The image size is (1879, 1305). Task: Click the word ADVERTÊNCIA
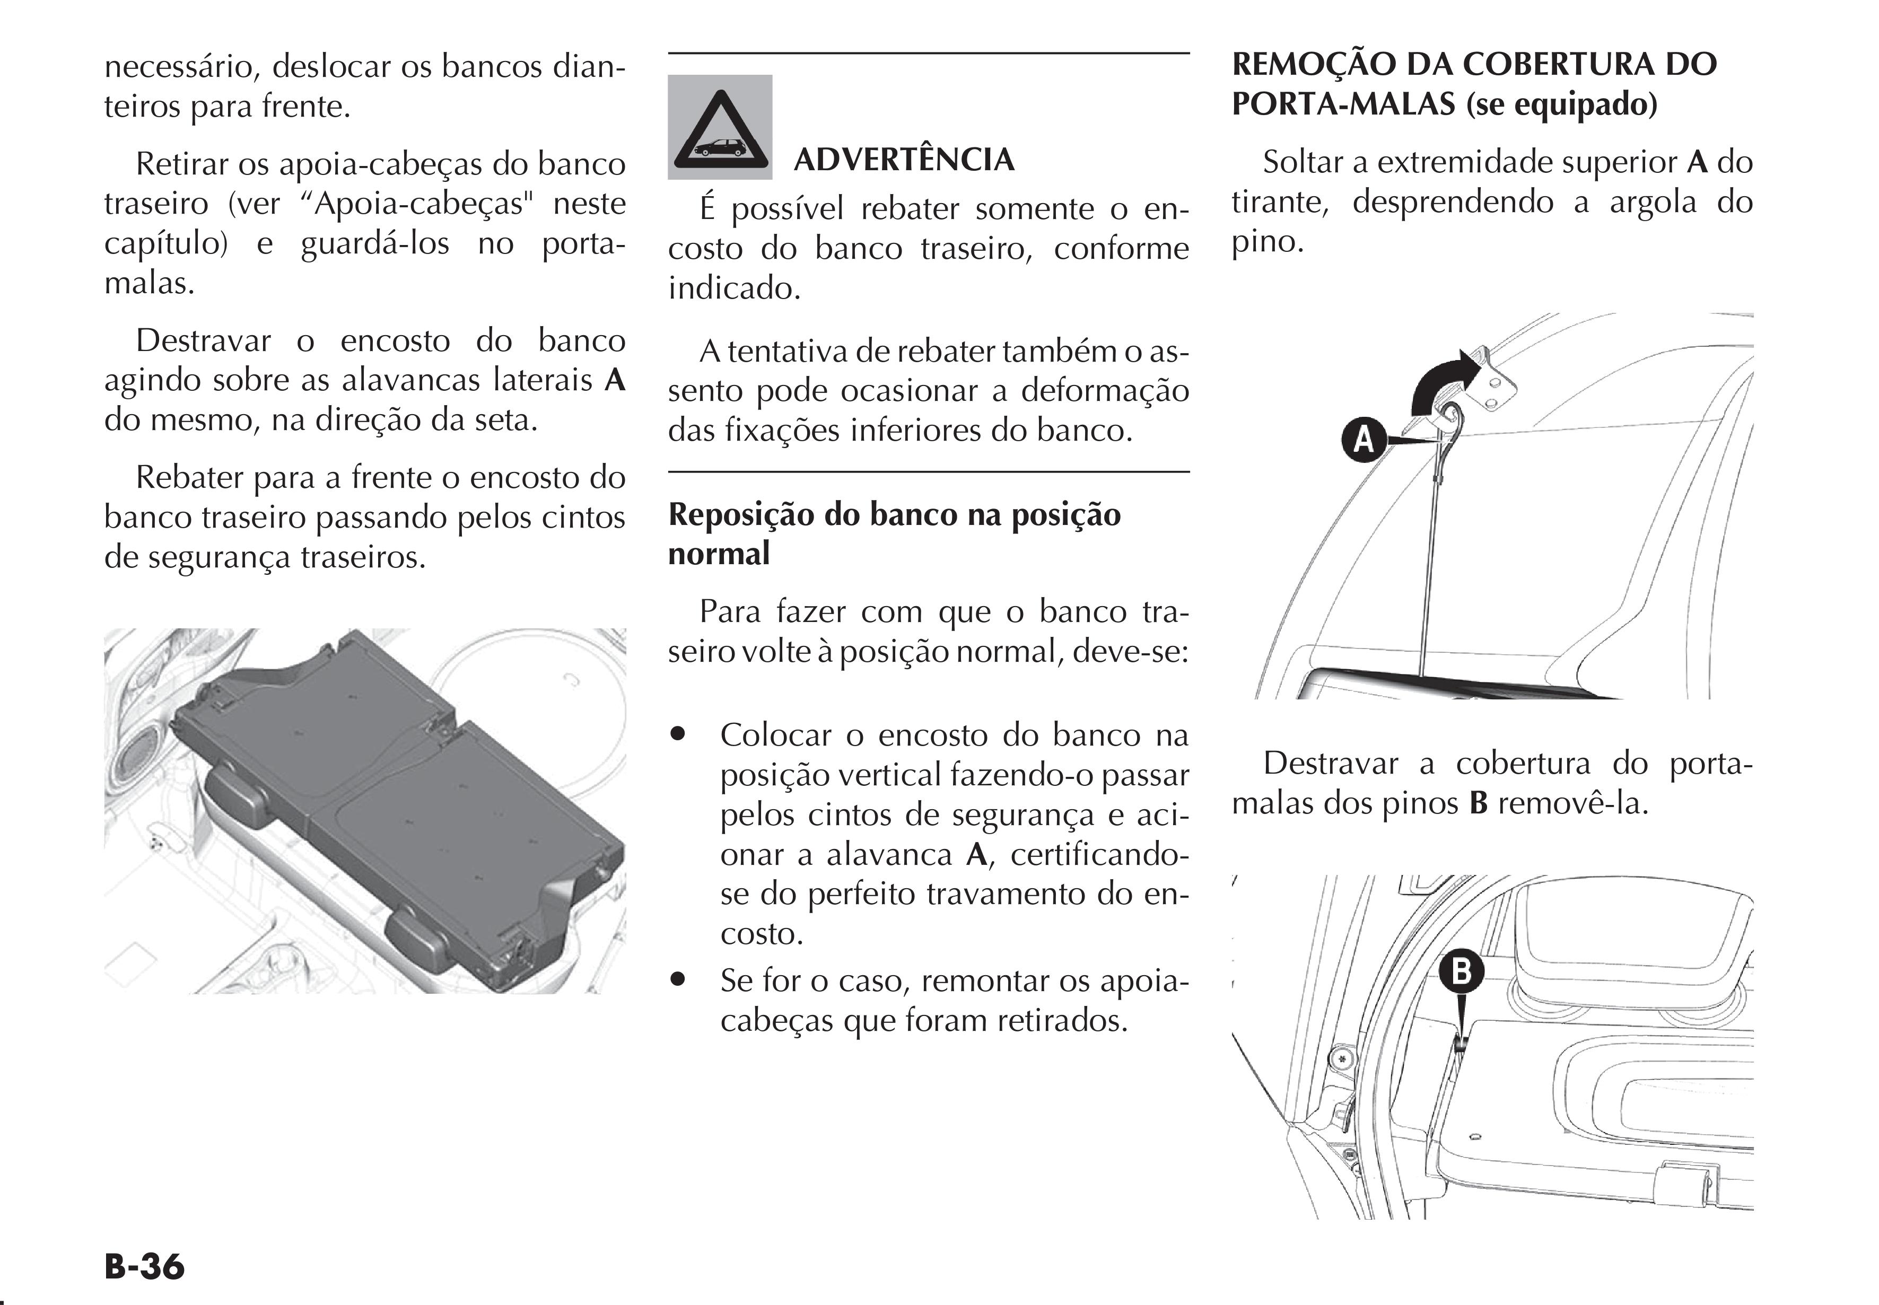[x=904, y=160]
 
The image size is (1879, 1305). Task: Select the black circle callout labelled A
[x=1363, y=440]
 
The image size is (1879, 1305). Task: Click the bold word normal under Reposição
[x=719, y=554]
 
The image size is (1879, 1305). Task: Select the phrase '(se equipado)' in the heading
[x=1562, y=104]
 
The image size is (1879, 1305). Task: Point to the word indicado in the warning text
[x=732, y=288]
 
